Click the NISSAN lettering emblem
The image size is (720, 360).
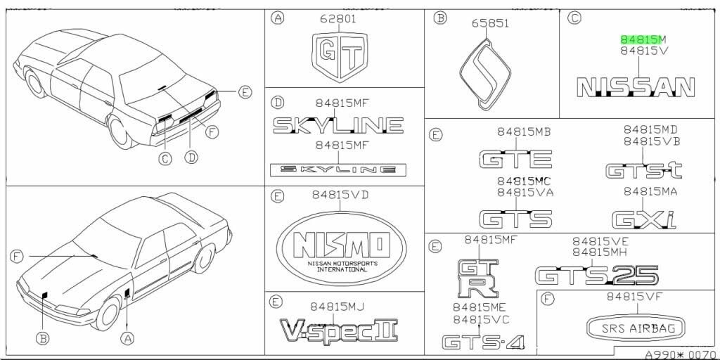(x=635, y=87)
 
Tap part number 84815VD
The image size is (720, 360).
(x=340, y=193)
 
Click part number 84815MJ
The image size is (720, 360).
(x=337, y=304)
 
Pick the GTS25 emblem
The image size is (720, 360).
(x=597, y=274)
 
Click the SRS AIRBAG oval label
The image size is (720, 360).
(x=637, y=328)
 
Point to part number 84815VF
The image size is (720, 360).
(x=637, y=297)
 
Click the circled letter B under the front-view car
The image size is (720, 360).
(x=44, y=338)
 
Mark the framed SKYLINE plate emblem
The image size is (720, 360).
(x=338, y=169)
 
